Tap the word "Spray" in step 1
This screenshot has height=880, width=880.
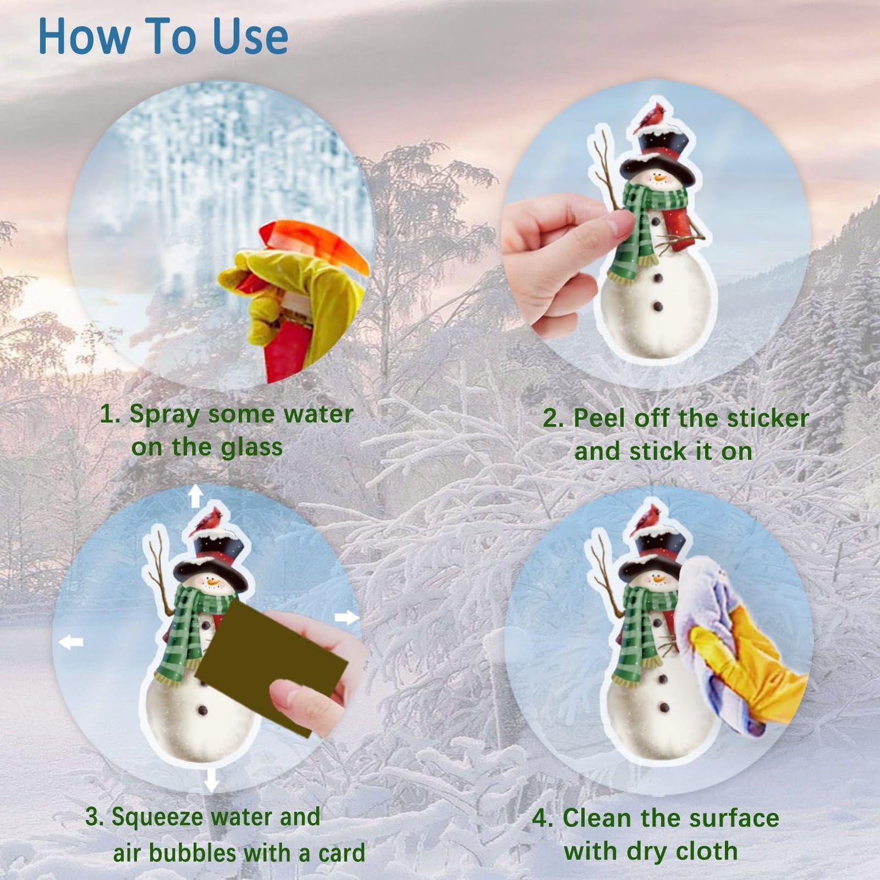tap(164, 415)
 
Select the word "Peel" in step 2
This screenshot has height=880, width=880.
tap(599, 418)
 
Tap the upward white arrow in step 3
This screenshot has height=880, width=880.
tap(195, 496)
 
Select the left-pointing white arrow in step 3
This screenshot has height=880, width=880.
tap(71, 641)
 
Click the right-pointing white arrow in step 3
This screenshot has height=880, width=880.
tap(347, 618)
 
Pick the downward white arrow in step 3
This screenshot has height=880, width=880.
tap(211, 779)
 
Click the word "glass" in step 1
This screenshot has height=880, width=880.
tap(252, 448)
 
